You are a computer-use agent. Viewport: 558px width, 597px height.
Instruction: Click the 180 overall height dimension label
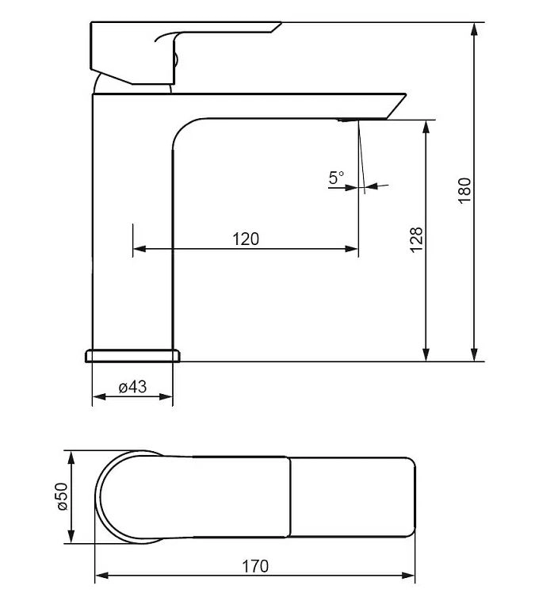[465, 190]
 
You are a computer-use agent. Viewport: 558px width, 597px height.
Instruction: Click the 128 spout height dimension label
[416, 239]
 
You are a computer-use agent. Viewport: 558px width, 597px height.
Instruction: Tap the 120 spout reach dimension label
[246, 239]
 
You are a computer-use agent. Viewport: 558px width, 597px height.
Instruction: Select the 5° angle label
[336, 178]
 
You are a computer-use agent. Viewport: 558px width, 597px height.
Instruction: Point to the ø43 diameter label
[132, 387]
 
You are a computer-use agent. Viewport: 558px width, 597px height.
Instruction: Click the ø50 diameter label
[62, 496]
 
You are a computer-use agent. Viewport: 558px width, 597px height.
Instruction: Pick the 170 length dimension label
[255, 566]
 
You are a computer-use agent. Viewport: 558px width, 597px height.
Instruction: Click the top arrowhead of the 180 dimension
[474, 29]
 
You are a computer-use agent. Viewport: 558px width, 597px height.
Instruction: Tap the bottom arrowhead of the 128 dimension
[426, 354]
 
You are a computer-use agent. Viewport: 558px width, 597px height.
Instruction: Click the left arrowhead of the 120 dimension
[139, 249]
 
